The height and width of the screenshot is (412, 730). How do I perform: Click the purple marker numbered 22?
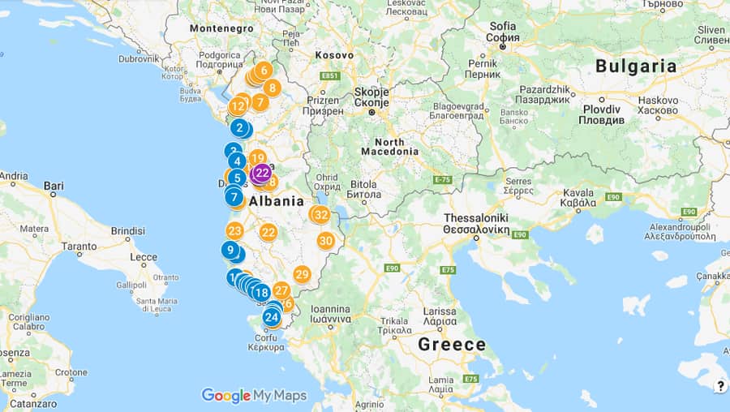[262, 172]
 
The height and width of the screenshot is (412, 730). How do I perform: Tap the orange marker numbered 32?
[321, 215]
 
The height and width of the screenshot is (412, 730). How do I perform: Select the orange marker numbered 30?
[325, 241]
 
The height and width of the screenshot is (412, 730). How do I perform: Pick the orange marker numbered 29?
[302, 274]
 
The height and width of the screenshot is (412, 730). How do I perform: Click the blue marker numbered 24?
[271, 317]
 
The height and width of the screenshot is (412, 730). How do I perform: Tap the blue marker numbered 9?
[230, 250]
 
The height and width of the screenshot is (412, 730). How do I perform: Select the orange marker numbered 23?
[234, 230]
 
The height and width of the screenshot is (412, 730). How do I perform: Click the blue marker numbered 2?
[239, 127]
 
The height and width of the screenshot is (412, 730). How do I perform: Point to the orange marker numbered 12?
[237, 105]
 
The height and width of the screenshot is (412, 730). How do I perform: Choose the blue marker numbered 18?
[260, 293]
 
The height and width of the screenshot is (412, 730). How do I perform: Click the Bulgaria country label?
[636, 67]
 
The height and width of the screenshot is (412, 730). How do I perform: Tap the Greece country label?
[452, 344]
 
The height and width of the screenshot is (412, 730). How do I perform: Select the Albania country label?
[277, 201]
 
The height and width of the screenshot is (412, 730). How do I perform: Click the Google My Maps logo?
[254, 395]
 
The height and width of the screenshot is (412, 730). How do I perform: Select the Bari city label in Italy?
[54, 186]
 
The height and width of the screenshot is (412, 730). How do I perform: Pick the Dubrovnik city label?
[140, 58]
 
